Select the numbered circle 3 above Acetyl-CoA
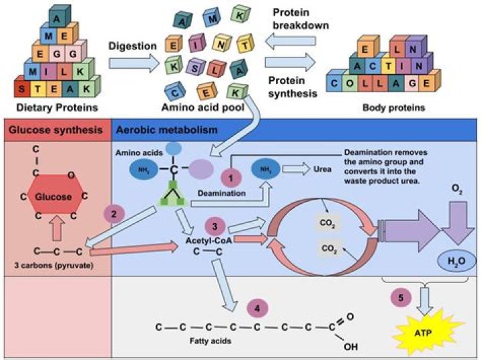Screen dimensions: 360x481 pos(214,225)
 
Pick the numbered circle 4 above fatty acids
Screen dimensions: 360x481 pos(258,309)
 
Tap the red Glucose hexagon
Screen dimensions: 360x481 pos(54,196)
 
